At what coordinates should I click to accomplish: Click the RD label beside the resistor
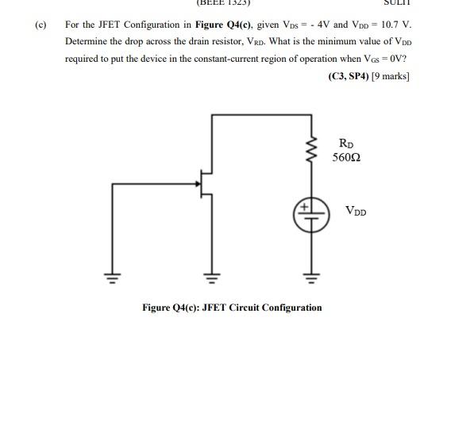(346, 143)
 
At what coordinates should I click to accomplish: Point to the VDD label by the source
(356, 211)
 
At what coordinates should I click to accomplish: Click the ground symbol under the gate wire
(113, 277)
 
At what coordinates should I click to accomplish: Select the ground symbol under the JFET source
(212, 277)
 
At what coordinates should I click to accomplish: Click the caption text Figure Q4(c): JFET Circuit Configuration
(232, 308)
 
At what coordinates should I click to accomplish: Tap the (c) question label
(40, 24)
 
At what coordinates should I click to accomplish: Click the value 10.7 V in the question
(393, 24)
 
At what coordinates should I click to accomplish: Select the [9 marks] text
(389, 77)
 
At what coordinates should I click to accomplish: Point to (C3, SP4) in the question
(347, 77)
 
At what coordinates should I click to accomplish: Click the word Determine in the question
(87, 41)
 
